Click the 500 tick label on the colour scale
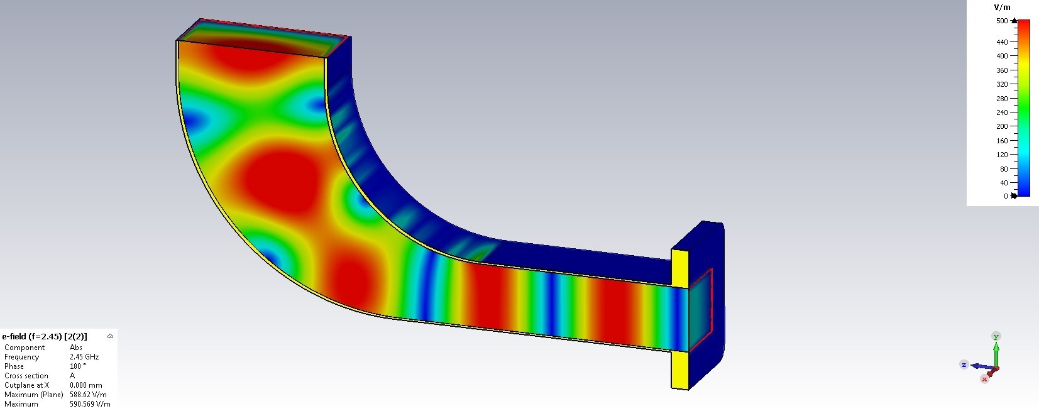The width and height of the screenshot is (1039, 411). point(1002,21)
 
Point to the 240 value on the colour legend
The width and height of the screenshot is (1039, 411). point(1002,112)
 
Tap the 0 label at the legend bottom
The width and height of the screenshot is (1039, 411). point(1006,196)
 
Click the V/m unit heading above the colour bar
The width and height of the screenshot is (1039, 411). point(1002,8)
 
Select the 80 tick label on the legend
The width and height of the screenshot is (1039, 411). point(1004,169)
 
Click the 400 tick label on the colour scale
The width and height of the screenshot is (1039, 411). point(1002,56)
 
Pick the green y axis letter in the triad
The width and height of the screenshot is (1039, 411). point(996,336)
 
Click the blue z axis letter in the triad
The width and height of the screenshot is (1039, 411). point(964,364)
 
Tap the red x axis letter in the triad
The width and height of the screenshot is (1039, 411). point(984,379)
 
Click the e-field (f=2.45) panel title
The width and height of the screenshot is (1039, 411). point(45,336)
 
